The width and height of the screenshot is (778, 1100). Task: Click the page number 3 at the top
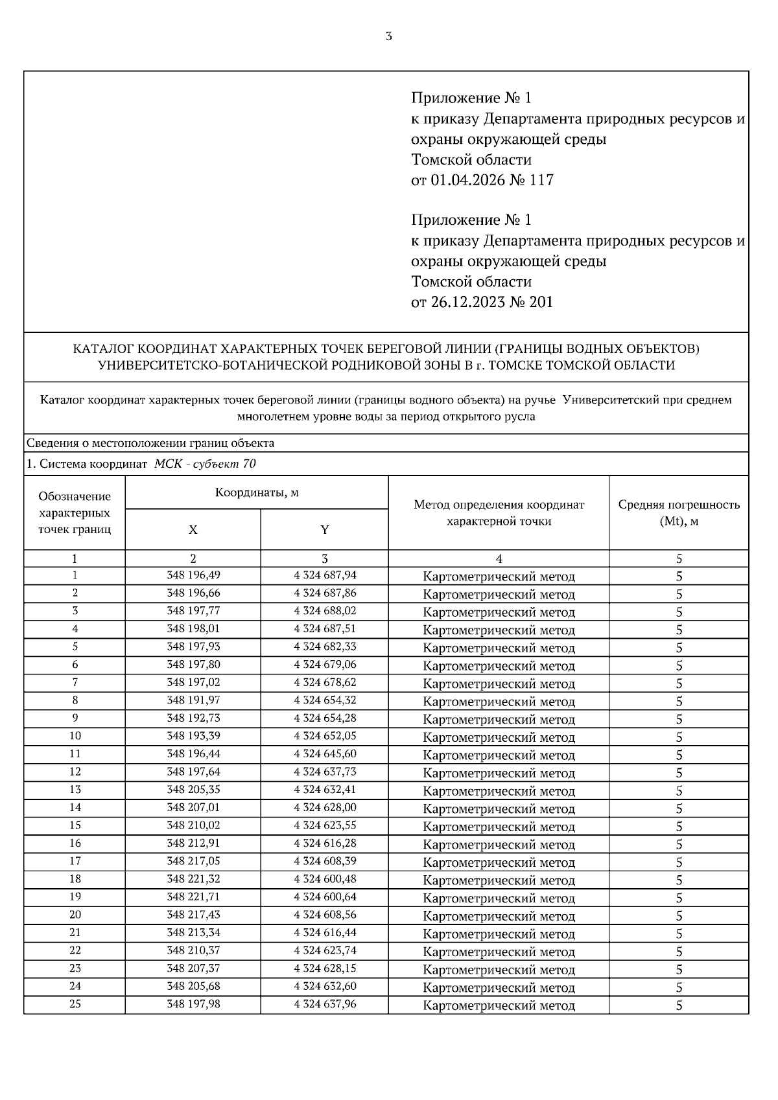click(x=388, y=36)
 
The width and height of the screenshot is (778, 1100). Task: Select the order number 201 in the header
click(x=541, y=303)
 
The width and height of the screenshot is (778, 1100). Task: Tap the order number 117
click(x=541, y=180)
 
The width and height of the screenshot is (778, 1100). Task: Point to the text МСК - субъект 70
click(x=205, y=464)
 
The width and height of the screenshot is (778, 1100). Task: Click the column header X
click(x=193, y=530)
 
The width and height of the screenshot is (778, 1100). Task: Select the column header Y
click(x=324, y=530)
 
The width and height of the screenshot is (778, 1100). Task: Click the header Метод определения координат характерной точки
click(x=499, y=512)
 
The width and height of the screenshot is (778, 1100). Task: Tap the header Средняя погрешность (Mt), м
click(x=678, y=512)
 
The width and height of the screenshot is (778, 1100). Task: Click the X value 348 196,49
click(x=193, y=575)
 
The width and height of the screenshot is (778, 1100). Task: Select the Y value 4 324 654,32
click(x=325, y=700)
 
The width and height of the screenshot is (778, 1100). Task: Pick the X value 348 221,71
click(x=193, y=897)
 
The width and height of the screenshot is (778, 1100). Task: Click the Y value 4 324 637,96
click(x=325, y=1004)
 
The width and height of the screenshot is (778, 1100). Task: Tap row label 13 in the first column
click(x=75, y=790)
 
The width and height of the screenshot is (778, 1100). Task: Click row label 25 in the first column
click(x=75, y=1004)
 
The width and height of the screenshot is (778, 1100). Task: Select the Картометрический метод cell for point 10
click(x=499, y=737)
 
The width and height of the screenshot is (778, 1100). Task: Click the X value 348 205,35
click(x=193, y=790)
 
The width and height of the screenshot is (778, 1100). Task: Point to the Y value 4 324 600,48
click(x=325, y=879)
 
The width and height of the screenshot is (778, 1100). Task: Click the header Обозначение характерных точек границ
click(x=75, y=512)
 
